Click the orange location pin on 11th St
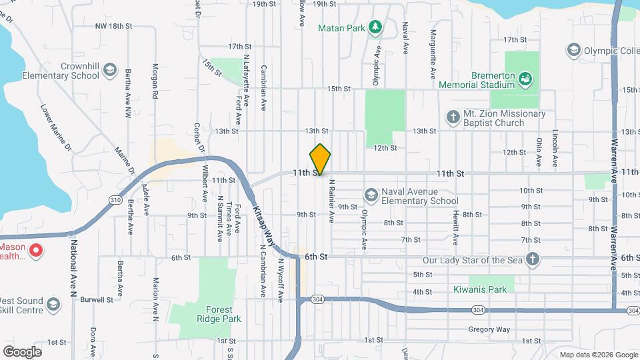[321, 159]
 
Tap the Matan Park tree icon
[376, 27]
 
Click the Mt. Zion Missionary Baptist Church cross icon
[453, 118]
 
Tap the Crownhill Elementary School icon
[111, 71]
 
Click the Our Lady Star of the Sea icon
[532, 259]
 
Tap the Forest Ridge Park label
[205, 314]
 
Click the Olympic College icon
[573, 49]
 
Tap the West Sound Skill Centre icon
[53, 305]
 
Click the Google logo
[22, 351]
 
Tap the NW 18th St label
[115, 26]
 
